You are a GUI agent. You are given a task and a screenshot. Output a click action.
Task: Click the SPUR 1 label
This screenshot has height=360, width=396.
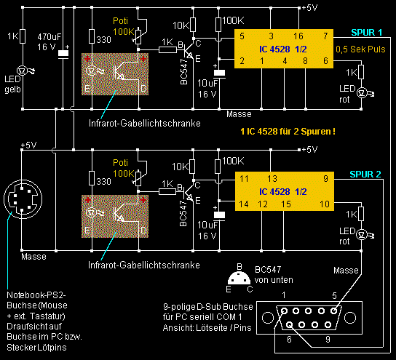coord(366,33)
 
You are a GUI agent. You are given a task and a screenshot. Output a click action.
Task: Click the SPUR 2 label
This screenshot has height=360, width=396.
coord(365,175)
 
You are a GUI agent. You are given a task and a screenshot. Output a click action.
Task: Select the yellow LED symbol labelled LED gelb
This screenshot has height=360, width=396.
coord(23,71)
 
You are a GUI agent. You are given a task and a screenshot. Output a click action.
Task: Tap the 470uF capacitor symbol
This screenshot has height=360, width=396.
coord(63,54)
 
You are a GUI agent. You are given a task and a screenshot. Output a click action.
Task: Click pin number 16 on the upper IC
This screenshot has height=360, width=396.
coord(298,36)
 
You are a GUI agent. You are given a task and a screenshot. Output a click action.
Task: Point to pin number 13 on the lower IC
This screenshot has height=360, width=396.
coord(272,179)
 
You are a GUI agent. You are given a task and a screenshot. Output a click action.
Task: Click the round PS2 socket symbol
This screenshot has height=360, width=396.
coord(23,199)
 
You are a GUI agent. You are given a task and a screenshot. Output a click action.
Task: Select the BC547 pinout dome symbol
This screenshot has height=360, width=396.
coord(239,278)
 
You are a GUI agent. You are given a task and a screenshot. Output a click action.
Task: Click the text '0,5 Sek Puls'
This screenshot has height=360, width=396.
coord(360,49)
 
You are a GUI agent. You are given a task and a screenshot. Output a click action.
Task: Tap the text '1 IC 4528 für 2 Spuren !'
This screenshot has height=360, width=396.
coord(288,132)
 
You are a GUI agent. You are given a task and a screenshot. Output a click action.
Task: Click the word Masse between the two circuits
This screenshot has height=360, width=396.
coord(239,114)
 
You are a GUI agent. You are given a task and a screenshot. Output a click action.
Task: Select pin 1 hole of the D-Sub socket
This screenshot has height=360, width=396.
coord(284,311)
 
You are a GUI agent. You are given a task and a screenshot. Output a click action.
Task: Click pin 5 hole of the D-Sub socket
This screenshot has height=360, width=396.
coord(334,311)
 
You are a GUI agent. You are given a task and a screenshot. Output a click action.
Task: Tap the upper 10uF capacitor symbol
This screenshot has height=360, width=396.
coord(219,73)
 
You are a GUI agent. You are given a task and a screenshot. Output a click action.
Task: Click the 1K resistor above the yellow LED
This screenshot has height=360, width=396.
coord(23,36)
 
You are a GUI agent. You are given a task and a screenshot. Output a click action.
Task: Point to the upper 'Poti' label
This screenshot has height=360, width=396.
coord(120,21)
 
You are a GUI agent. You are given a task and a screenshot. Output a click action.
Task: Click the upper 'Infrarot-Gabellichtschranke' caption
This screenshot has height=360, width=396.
coord(145,124)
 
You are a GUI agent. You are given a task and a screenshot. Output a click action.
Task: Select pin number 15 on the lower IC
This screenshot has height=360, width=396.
coord(286,204)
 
